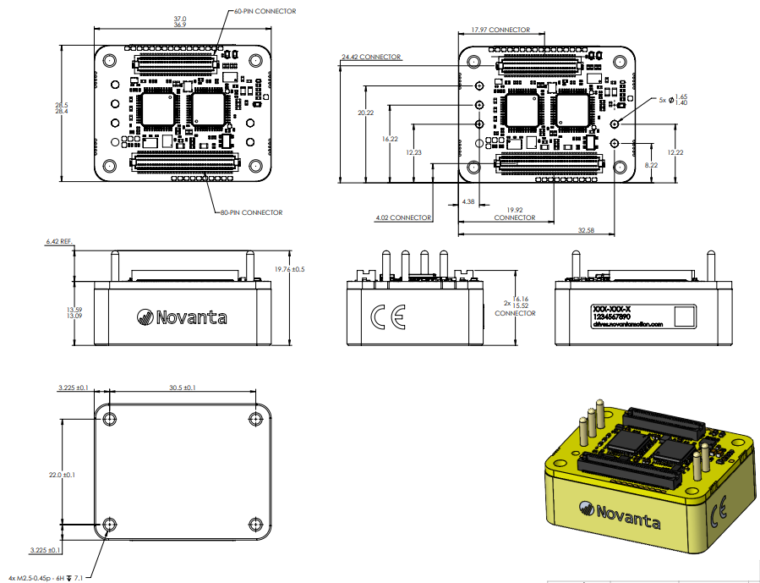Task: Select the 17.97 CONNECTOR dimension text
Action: click(500, 30)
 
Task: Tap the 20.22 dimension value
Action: click(366, 113)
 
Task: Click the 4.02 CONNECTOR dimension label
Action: click(403, 217)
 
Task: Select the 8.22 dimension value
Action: click(651, 165)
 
